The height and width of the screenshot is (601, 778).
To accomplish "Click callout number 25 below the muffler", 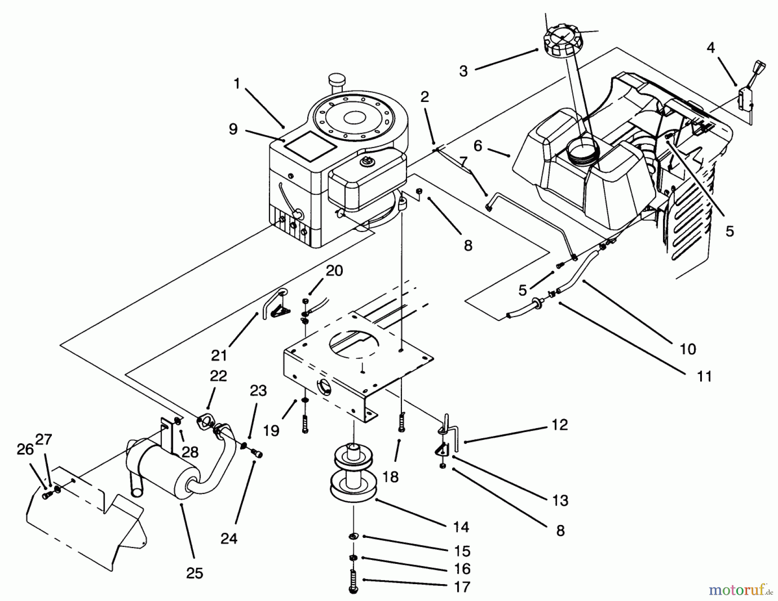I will pos(194,573).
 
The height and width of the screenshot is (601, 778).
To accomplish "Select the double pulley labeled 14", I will pos(353,475).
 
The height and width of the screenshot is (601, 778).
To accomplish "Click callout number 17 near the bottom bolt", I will pos(462,587).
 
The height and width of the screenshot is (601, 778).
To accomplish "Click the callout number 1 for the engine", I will pos(236,83).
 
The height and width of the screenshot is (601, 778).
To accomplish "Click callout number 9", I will pos(233,129).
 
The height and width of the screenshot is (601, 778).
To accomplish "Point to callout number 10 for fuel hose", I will pos(688,348).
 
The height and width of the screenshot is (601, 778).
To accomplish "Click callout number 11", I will pos(705,376).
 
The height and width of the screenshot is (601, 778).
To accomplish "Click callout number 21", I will pos(219,355).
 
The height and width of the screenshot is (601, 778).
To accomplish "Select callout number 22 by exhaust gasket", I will pos(218,375).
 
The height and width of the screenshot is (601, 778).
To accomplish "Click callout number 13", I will pos(560,500).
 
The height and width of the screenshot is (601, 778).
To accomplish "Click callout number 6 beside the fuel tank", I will pos(478,146).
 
